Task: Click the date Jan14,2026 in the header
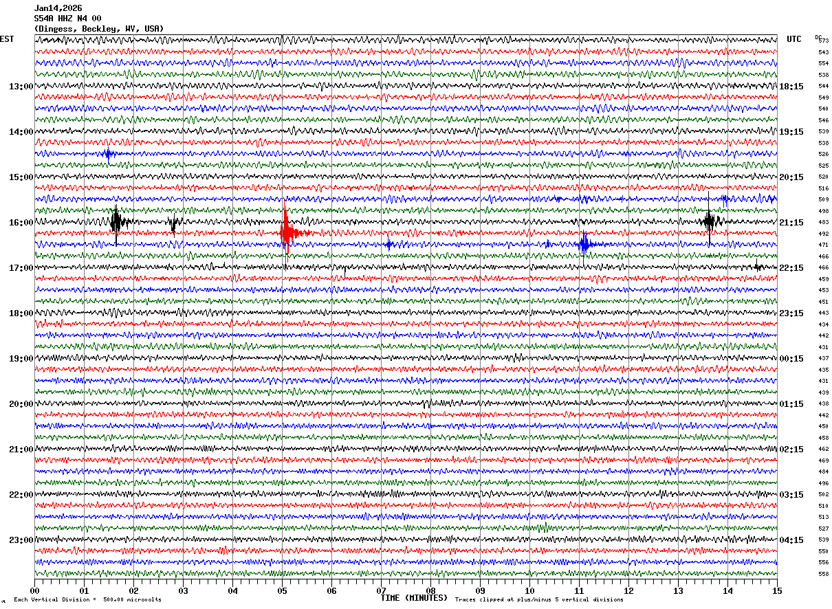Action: pos(58,8)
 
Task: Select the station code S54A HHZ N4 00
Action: pos(67,19)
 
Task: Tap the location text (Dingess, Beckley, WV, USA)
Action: pos(98,29)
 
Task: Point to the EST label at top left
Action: pos(7,39)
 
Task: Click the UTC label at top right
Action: pos(794,39)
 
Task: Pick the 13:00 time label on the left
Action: pos(21,87)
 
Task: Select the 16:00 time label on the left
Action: pos(21,223)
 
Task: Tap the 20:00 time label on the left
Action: pos(21,404)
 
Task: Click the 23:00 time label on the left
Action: pos(21,540)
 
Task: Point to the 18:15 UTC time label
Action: pos(791,87)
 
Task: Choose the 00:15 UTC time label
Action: pos(791,359)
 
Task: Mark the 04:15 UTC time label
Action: pos(791,540)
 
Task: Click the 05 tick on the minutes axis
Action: pos(282,591)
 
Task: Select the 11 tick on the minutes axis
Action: pos(579,591)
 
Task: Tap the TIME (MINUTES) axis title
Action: pos(414,598)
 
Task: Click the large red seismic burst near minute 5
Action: pos(287,234)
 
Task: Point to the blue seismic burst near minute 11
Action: pos(584,244)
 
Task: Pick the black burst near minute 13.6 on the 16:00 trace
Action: pos(710,221)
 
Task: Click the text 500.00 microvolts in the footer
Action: pos(132,599)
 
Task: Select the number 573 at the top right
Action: pos(823,41)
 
